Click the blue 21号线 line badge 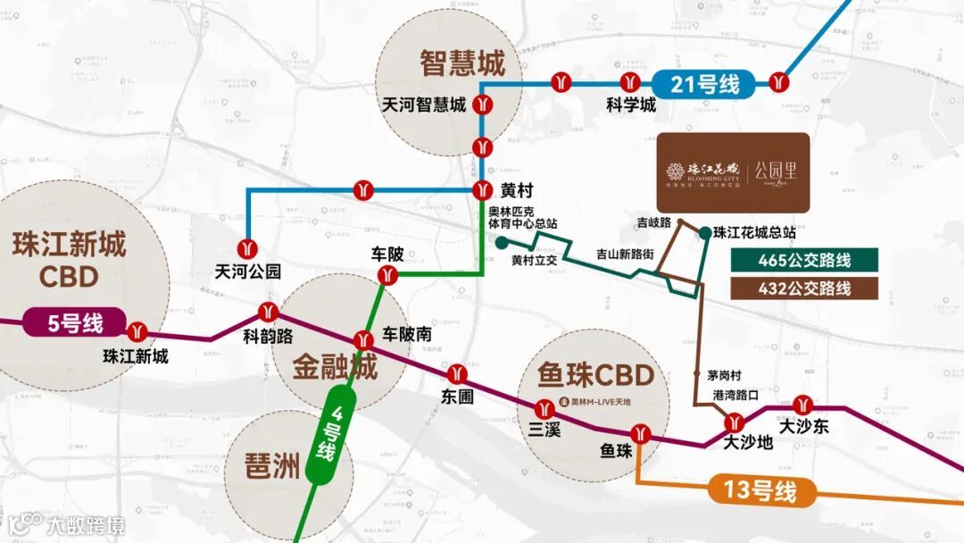tap(705, 85)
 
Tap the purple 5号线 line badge tap(75, 322)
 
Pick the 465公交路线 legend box tap(804, 260)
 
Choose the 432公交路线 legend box tap(804, 288)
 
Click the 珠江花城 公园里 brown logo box tap(733, 172)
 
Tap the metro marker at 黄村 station tap(483, 190)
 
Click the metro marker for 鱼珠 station tap(641, 438)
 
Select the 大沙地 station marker tap(735, 423)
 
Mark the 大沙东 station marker tap(803, 406)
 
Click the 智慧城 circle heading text tap(462, 63)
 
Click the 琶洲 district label tap(271, 466)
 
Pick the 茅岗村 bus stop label tap(713, 375)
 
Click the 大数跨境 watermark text tap(86, 524)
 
